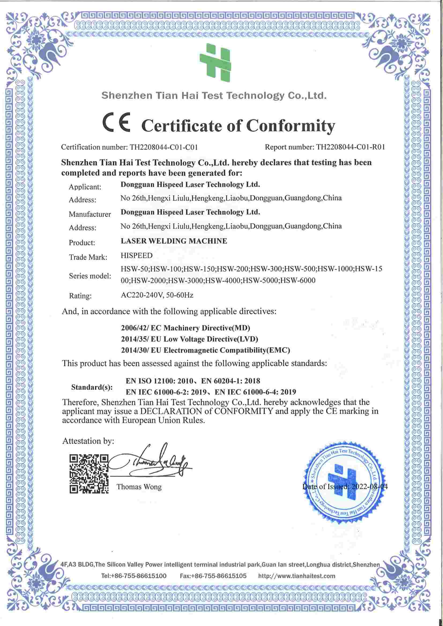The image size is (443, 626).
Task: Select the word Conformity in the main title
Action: click(x=291, y=126)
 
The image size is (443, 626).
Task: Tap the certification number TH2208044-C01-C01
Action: click(x=163, y=148)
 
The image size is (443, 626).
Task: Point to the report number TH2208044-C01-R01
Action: click(x=351, y=148)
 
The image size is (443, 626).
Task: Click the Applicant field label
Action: click(x=85, y=187)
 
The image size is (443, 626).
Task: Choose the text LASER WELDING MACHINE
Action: click(x=174, y=241)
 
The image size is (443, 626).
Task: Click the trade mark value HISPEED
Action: click(x=136, y=255)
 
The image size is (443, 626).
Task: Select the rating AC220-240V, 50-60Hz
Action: click(x=157, y=295)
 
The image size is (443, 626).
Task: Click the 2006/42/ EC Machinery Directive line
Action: click(x=186, y=328)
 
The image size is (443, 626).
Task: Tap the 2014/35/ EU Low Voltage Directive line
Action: click(x=189, y=339)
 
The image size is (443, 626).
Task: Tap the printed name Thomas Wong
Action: click(x=139, y=487)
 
